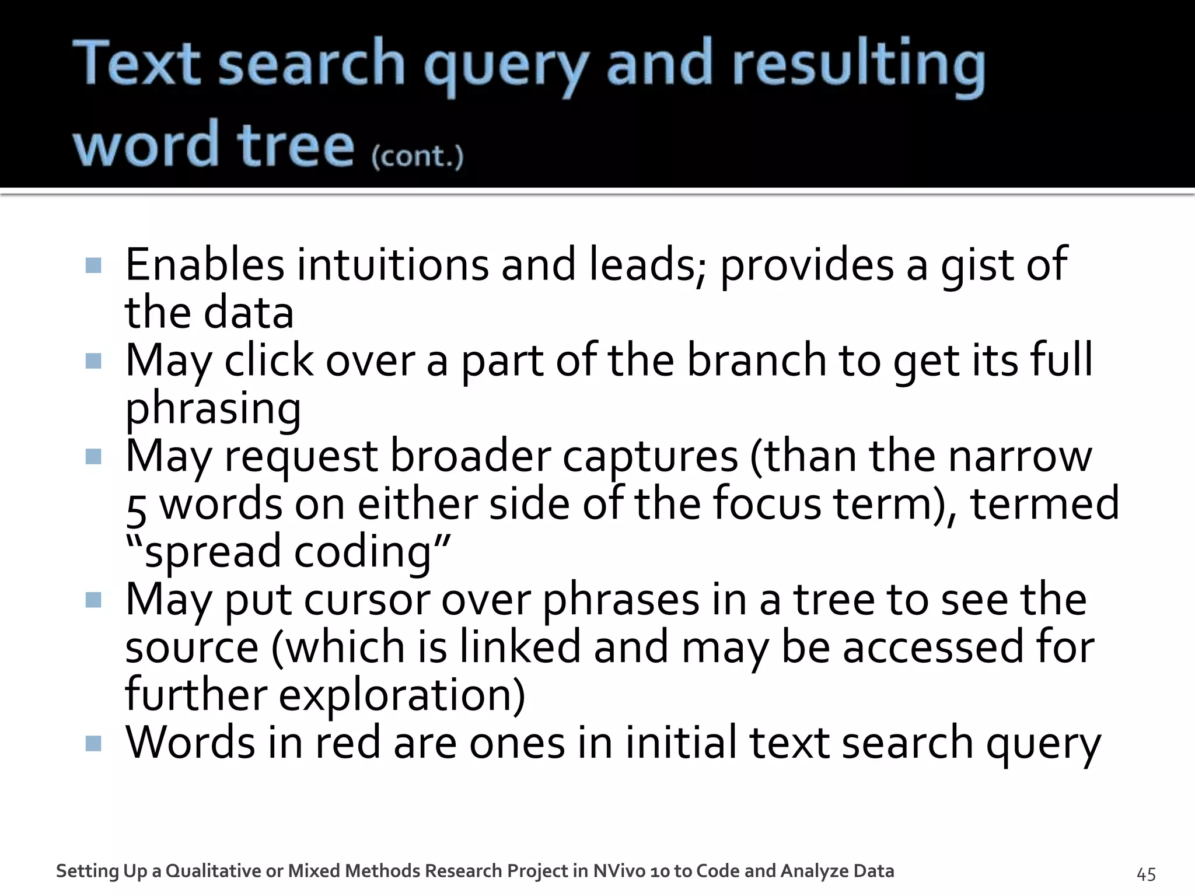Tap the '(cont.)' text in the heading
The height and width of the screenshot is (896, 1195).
[417, 156]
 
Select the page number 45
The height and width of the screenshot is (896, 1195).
[1146, 874]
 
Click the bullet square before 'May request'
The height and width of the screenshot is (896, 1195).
[93, 456]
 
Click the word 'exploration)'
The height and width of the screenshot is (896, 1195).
[402, 695]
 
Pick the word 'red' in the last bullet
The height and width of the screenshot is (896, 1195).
[348, 743]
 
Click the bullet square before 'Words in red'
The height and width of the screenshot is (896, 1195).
[93, 743]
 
